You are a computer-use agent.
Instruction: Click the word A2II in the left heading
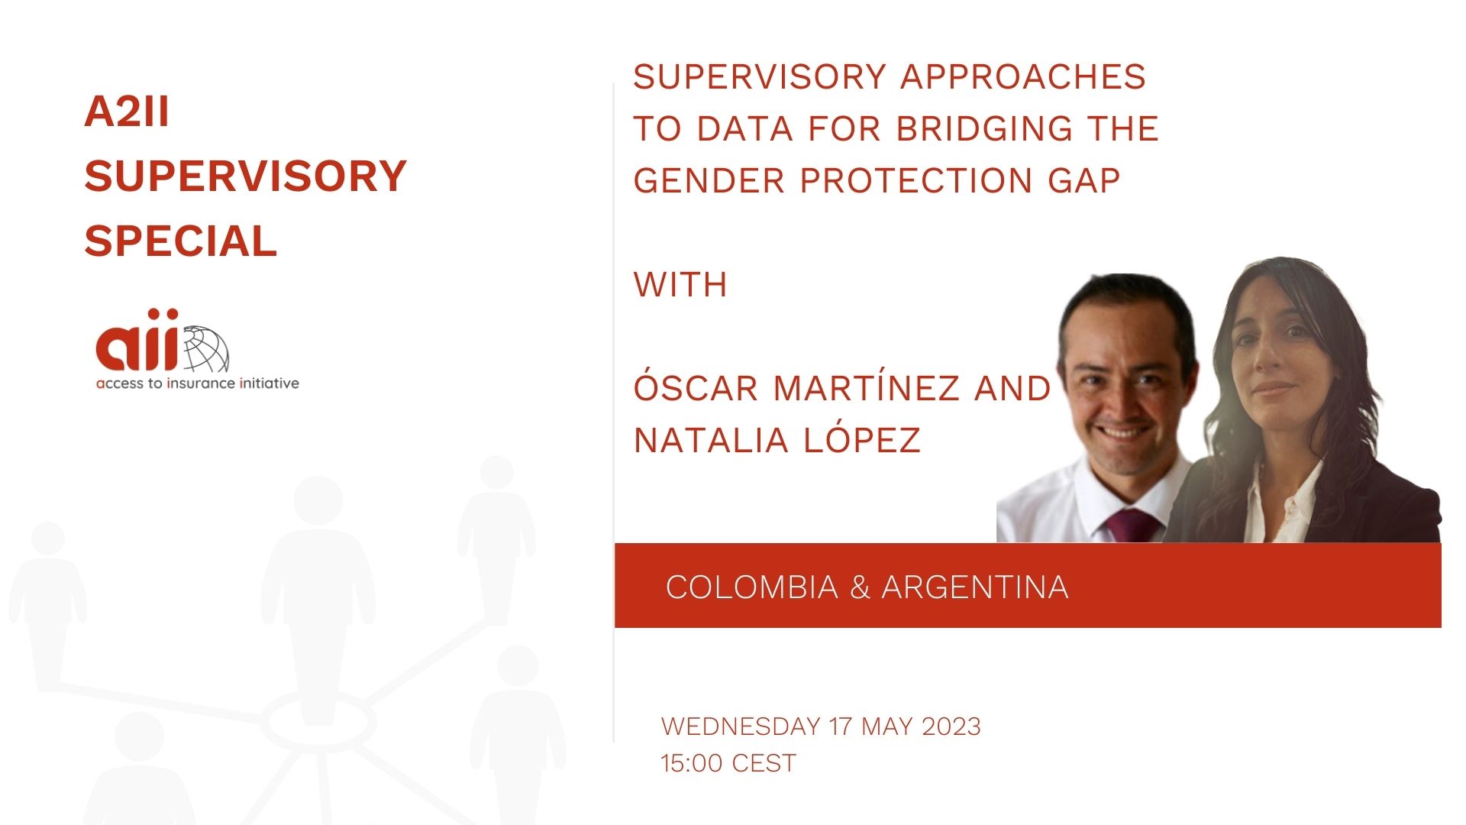pyautogui.click(x=127, y=112)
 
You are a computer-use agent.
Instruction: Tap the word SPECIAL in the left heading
pyautogui.click(x=180, y=241)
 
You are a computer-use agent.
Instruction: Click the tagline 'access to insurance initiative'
pyautogui.click(x=198, y=383)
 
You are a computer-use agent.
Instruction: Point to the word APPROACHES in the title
pyautogui.click(x=1024, y=76)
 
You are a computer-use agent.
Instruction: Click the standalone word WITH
pyautogui.click(x=680, y=285)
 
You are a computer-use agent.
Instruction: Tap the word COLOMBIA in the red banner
pyautogui.click(x=752, y=587)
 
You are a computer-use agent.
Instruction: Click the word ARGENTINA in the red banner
pyautogui.click(x=975, y=587)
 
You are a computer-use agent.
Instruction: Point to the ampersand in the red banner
pyautogui.click(x=860, y=587)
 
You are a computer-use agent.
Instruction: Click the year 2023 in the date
pyautogui.click(x=951, y=726)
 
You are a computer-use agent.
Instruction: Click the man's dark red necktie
pyautogui.click(x=1131, y=526)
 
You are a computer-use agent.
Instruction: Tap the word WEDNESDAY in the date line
pyautogui.click(x=741, y=726)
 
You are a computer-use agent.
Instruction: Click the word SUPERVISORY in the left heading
pyautogui.click(x=245, y=176)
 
